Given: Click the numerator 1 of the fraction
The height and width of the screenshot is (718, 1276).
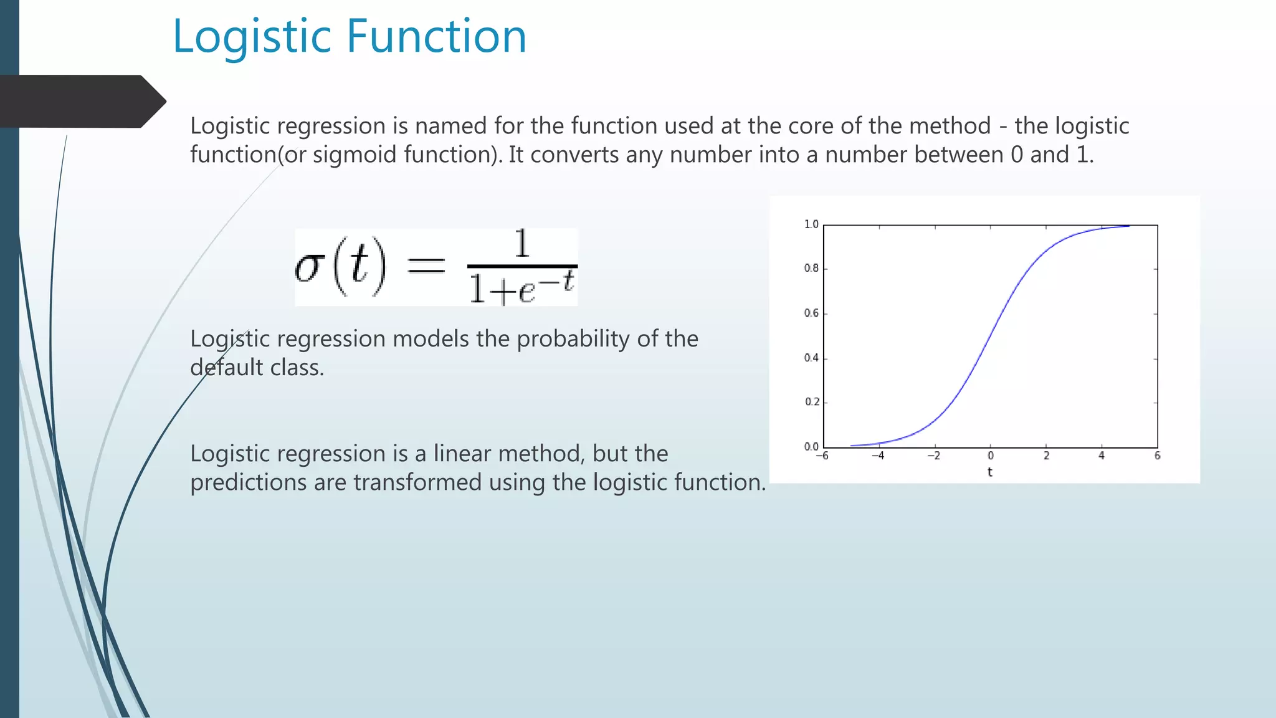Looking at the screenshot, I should pos(522,244).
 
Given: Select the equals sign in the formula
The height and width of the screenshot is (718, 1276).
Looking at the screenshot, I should pos(426,266).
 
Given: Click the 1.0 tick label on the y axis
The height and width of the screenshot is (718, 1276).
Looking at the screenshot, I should pos(811,224).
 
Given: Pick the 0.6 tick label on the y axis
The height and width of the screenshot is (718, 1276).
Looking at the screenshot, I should pos(811,313).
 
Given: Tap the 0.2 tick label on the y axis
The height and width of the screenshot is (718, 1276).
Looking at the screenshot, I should pos(812,402).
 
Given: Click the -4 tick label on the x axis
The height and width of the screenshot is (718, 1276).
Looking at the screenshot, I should pos(878,456).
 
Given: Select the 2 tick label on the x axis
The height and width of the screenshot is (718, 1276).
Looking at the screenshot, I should pos(1046,456).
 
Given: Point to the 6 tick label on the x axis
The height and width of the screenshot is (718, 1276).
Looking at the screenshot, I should pos(1157,456).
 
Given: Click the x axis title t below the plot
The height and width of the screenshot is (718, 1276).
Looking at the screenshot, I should pos(989,472).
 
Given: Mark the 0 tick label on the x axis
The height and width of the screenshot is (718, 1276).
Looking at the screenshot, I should pos(991,456).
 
